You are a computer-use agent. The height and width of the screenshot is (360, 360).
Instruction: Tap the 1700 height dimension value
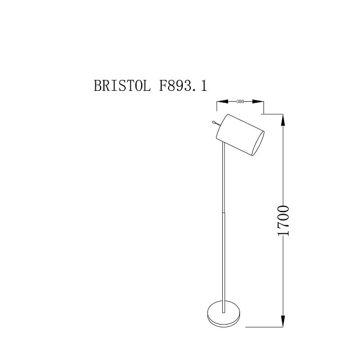283,221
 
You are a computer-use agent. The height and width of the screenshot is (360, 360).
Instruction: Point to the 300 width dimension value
240,102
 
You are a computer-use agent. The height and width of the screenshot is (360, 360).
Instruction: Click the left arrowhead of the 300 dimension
221,102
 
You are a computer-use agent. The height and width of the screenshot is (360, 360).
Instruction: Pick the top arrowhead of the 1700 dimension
283,119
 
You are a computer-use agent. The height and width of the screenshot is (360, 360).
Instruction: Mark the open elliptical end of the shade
258,143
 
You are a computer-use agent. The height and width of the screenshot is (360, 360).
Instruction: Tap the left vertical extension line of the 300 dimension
217,106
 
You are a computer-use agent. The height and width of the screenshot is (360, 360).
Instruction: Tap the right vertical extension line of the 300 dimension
263,107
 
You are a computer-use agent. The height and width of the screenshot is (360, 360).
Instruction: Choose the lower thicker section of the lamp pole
223,257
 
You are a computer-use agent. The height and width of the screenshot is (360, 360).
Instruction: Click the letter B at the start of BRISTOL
98,86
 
